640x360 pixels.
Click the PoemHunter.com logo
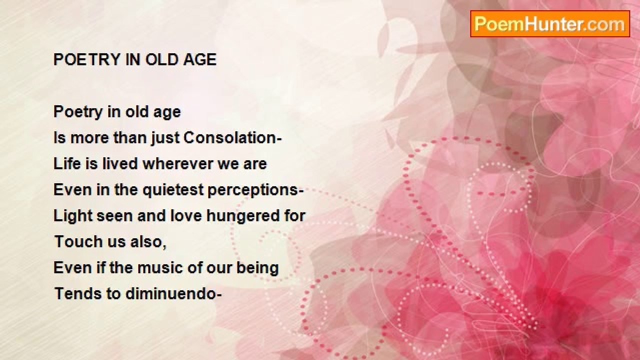(550, 24)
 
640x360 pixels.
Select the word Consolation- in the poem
(232, 138)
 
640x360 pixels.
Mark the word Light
(73, 216)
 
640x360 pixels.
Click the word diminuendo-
(173, 294)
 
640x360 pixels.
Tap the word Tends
(77, 294)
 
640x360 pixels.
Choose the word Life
(67, 164)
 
